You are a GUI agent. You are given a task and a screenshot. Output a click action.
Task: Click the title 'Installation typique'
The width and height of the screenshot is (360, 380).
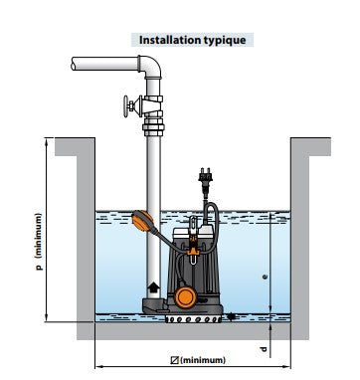tap(192, 40)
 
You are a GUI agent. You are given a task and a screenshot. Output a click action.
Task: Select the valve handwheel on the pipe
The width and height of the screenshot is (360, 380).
tap(127, 106)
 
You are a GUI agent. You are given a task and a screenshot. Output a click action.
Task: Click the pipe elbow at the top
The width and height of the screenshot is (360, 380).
tap(151, 67)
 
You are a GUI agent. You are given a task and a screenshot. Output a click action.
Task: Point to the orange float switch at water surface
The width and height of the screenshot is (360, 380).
tap(143, 221)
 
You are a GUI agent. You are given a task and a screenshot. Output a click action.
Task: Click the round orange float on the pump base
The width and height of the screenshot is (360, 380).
tap(185, 296)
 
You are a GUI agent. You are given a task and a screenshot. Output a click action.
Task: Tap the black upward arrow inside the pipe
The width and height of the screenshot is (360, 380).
tap(153, 286)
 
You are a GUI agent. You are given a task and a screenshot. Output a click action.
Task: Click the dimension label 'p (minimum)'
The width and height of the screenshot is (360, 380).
tap(39, 242)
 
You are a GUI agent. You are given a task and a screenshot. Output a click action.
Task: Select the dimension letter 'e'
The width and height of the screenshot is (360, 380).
tap(265, 277)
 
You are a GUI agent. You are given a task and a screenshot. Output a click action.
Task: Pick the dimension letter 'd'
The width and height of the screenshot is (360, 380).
tap(264, 349)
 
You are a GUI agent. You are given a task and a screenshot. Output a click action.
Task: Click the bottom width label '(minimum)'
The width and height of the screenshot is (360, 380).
tap(203, 360)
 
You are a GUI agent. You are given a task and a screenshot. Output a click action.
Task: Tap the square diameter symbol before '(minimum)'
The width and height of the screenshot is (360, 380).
tap(175, 360)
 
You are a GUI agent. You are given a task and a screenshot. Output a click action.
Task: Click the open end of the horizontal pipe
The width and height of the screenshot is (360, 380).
tap(74, 64)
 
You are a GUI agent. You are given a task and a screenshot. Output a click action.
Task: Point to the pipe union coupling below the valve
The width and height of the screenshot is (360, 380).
tap(153, 129)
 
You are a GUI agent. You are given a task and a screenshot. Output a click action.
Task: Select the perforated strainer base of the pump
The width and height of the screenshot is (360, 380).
tap(193, 319)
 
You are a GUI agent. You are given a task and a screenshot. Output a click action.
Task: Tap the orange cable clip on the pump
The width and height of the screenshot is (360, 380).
tap(193, 252)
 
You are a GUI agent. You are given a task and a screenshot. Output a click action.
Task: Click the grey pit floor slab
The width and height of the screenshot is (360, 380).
tap(193, 331)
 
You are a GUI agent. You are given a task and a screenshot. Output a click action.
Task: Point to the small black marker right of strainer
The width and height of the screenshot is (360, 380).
tap(231, 316)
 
